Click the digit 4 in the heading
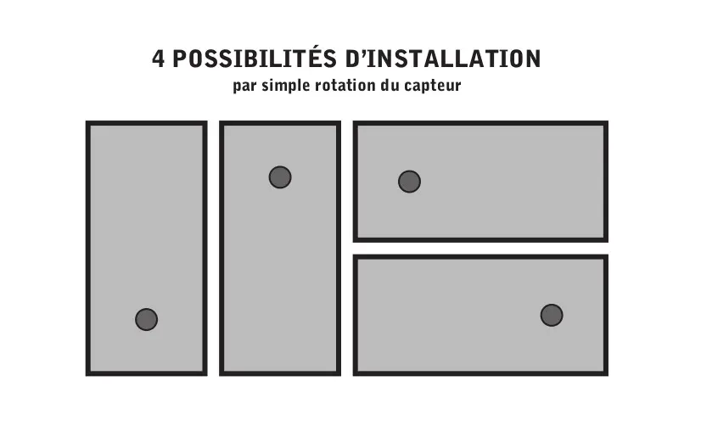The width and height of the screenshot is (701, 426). point(159,59)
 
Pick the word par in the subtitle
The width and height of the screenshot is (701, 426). point(245,87)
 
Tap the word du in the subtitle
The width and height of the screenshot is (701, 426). point(393,86)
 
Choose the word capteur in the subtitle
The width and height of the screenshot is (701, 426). point(435,87)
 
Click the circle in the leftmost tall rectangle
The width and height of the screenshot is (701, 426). point(146,319)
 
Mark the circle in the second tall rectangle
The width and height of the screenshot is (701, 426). point(280,177)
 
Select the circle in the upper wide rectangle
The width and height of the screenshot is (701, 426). point(409,182)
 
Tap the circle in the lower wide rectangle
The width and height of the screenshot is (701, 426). point(552,315)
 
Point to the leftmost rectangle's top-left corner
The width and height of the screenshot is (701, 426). point(87,122)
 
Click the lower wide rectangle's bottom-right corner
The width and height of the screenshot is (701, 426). point(607,374)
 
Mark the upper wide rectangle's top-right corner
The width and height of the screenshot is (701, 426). point(607,123)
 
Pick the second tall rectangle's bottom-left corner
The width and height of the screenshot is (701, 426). point(221,374)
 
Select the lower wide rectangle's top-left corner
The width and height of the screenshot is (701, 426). point(355,256)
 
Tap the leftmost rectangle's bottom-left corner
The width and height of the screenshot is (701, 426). point(87,374)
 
